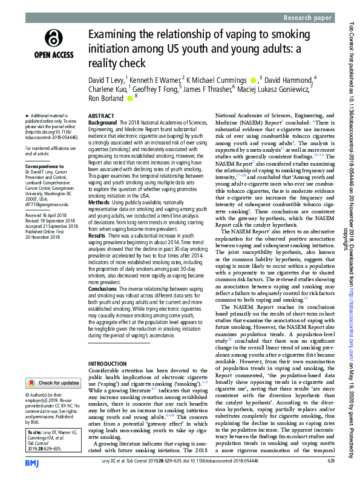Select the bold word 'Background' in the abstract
coord(102,122)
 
